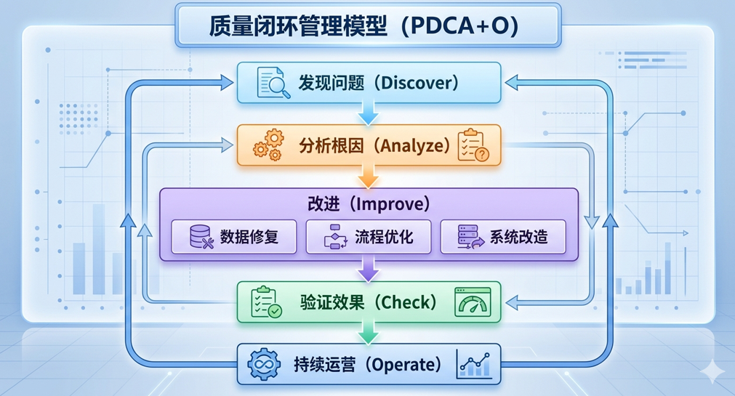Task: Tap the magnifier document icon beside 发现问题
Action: pos(273,82)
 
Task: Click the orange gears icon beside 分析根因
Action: pos(268,145)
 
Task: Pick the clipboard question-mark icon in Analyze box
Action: pos(473,145)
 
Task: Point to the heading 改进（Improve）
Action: pos(369,203)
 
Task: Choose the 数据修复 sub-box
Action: pos(234,237)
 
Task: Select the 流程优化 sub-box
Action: pos(369,237)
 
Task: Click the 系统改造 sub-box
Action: pos(503,237)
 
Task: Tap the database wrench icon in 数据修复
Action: pos(200,238)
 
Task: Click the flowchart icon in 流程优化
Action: pos(336,238)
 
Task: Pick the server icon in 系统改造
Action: pos(470,238)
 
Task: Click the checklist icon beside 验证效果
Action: pos(265,302)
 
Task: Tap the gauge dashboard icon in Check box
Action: pos(473,302)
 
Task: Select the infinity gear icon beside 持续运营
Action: pos(263,364)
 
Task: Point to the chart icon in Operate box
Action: pos(473,364)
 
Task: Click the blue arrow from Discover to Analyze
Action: pos(369,113)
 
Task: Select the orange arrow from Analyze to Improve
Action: pos(369,177)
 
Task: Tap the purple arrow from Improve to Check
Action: pos(369,271)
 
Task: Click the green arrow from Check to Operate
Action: pos(369,333)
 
